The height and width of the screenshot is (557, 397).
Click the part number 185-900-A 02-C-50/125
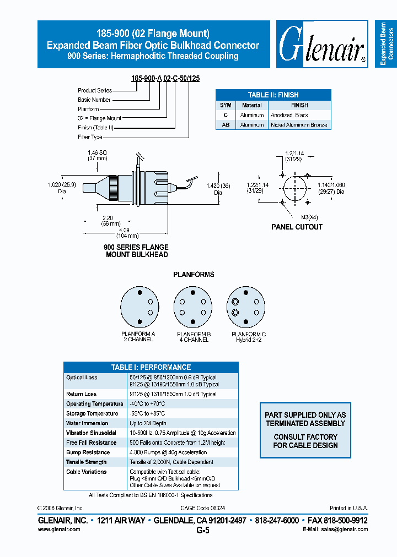165,79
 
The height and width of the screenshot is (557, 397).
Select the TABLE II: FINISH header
273,95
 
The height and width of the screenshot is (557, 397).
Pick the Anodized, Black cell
289,115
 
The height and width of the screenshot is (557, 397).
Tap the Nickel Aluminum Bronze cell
299,125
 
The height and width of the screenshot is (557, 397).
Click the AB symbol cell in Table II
225,125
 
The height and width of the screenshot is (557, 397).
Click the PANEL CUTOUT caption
297,227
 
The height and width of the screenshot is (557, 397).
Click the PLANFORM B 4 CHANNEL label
193,337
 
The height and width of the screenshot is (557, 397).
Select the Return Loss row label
82,394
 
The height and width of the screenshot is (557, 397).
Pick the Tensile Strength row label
87,462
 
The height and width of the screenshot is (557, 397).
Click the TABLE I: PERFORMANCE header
151,367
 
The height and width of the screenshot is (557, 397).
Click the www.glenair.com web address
59,529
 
